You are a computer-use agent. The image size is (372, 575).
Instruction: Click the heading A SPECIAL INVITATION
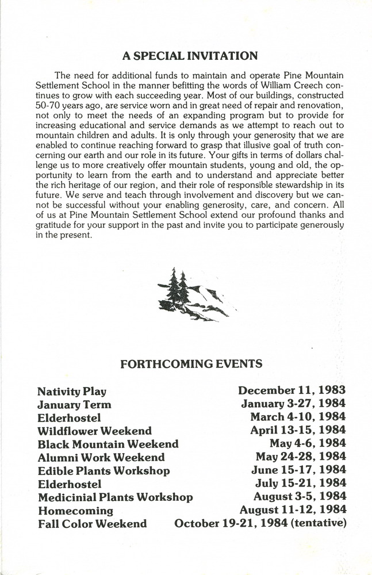[x=190, y=56]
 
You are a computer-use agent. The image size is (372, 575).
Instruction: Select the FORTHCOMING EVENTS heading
[x=191, y=363]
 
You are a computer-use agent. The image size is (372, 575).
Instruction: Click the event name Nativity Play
[x=72, y=392]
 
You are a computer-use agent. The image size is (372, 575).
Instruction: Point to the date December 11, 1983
[x=292, y=391]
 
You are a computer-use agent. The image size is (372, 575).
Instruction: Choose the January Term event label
[x=74, y=405]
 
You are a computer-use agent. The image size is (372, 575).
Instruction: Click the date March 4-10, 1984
[x=298, y=417]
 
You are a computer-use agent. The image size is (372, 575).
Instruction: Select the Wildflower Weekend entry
[x=95, y=431]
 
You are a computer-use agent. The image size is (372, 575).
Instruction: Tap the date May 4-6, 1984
[x=308, y=443]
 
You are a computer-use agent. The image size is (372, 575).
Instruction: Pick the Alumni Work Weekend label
[x=101, y=458]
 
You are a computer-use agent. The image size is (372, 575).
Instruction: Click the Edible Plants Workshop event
[x=103, y=471]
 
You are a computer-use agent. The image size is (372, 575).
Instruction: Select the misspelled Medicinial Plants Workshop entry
[x=115, y=497]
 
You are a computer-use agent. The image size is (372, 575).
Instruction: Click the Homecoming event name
[x=75, y=511]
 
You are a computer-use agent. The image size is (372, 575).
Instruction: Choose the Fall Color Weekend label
[x=92, y=524]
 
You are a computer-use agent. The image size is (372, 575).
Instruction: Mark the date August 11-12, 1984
[x=293, y=509]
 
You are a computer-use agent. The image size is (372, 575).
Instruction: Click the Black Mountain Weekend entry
[x=108, y=444]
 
